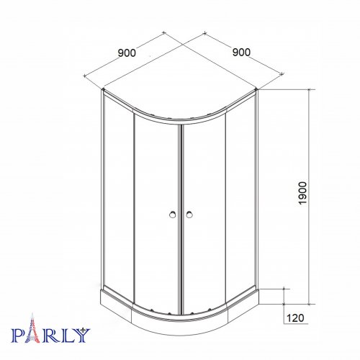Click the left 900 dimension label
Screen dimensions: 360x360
click(x=127, y=53)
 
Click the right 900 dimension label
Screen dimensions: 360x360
click(x=241, y=53)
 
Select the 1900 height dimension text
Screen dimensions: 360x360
click(x=302, y=193)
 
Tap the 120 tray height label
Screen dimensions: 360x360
click(x=295, y=318)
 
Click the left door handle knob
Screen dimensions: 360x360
click(x=172, y=215)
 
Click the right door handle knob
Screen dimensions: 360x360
click(x=189, y=215)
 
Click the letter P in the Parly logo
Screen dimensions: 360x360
click(x=18, y=336)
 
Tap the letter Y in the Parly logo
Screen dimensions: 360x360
click(x=82, y=336)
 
